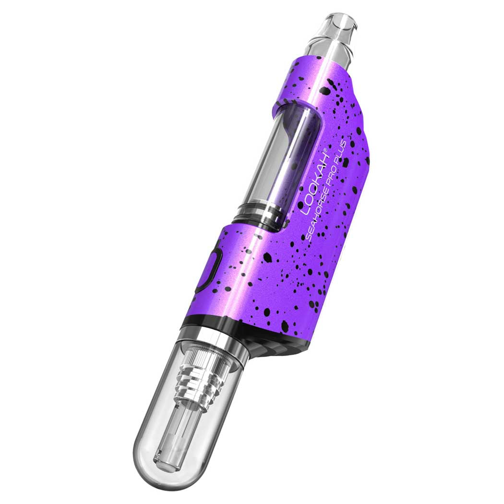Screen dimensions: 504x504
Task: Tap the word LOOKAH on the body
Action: point(314,183)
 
